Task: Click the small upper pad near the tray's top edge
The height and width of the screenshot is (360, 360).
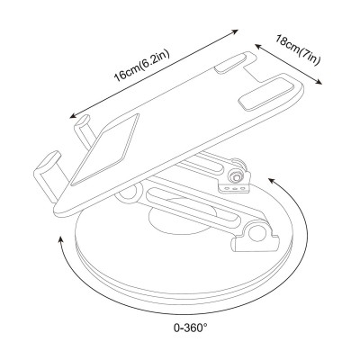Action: point(230,64)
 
